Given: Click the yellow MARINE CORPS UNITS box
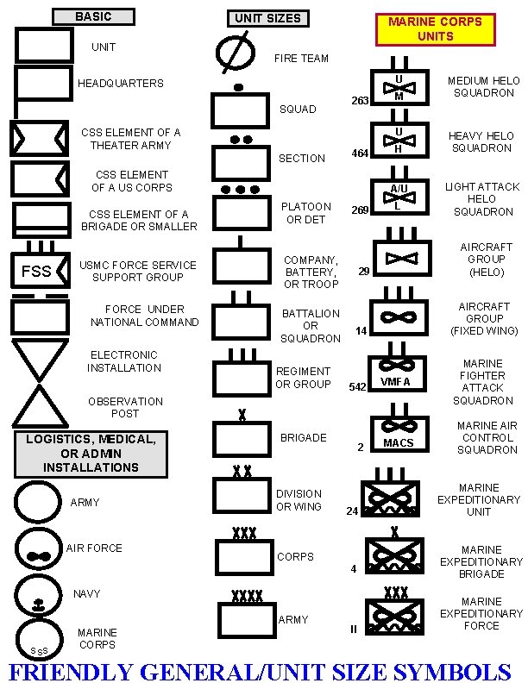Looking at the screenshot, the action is [435, 28].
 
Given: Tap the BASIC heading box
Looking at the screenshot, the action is [93, 16].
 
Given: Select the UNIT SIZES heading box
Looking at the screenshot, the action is [268, 18].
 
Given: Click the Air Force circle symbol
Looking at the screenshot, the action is [39, 552].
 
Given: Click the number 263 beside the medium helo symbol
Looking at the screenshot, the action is [360, 101].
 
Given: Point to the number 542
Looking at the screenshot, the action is [357, 387].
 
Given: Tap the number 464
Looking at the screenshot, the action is [360, 154].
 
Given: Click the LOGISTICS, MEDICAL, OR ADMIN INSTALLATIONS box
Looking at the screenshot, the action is [91, 453].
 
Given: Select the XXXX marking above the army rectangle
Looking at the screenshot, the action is [247, 595].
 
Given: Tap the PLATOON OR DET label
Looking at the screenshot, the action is [305, 213].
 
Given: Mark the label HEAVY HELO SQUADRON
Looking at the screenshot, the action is [480, 141].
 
